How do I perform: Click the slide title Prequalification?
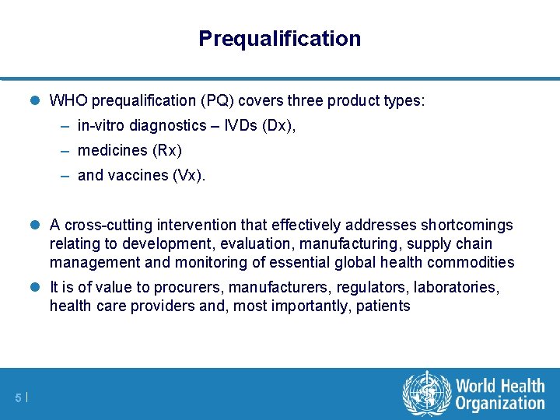pyautogui.click(x=279, y=38)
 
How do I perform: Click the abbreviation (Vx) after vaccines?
pyautogui.click(x=188, y=175)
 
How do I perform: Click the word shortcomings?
pyautogui.click(x=467, y=226)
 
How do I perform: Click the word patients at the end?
pyautogui.click(x=383, y=306)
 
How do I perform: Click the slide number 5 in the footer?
pyautogui.click(x=18, y=398)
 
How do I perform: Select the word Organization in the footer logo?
pyautogui.click(x=500, y=404)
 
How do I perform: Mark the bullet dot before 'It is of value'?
pyautogui.click(x=37, y=288)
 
